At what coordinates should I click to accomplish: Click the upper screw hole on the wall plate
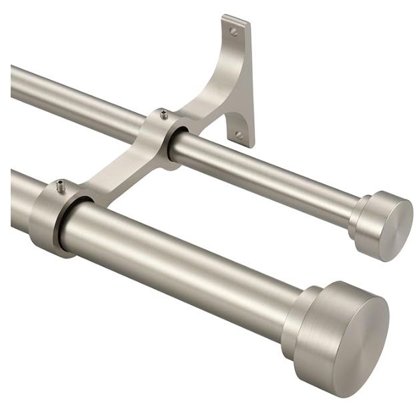(233, 31)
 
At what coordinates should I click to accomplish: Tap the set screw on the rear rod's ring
(163, 115)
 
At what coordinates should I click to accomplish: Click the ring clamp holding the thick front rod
(50, 220)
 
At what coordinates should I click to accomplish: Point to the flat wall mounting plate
(242, 80)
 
